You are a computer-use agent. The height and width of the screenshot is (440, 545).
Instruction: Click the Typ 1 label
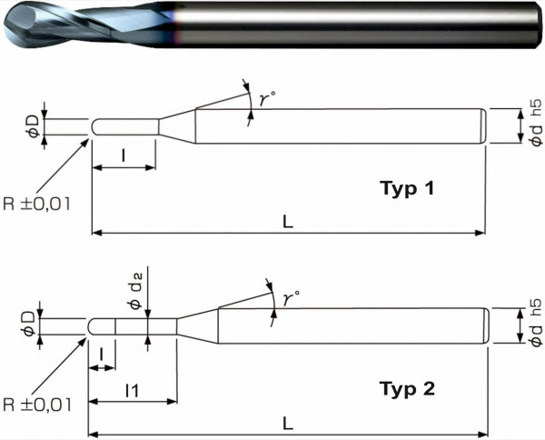click(406, 189)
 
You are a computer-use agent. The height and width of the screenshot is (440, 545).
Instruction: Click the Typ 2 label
click(406, 390)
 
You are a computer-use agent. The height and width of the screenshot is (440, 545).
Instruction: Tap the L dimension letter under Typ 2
click(288, 423)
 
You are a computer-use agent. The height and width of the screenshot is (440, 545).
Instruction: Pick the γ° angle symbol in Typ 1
click(265, 101)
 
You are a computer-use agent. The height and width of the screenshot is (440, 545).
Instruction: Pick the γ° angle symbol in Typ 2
click(289, 297)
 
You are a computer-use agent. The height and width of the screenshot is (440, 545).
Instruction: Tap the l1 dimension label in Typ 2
click(132, 390)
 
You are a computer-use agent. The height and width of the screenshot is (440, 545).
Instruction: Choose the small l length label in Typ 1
click(123, 155)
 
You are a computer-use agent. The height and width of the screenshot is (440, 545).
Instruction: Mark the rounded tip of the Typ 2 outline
click(92, 325)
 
